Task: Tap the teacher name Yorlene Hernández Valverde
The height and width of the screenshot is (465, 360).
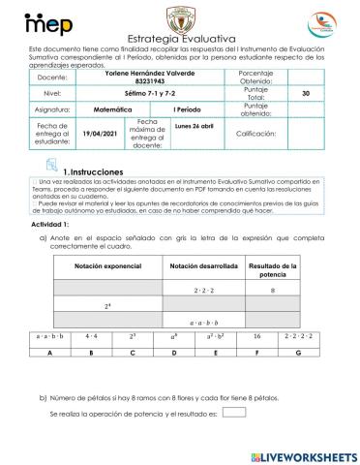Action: point(146,73)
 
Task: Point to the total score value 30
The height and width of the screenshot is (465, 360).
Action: point(306,93)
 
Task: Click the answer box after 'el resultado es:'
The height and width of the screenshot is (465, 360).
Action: point(233,412)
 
